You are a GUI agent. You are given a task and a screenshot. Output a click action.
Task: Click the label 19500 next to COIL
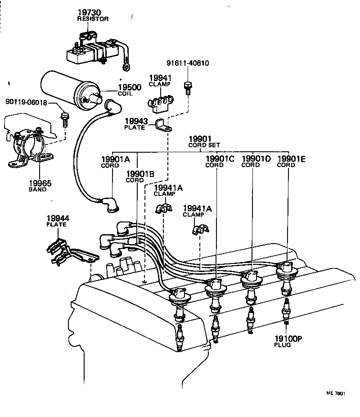pos(130,87)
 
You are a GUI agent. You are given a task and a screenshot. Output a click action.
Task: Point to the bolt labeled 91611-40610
pos(188,87)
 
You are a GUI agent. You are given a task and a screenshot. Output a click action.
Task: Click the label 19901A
pos(115,159)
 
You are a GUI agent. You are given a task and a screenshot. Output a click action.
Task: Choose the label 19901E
pos(292,159)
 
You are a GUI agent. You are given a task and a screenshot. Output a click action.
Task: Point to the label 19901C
pos(220,159)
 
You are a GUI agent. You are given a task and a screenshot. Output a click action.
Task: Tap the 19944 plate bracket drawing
pos(70,252)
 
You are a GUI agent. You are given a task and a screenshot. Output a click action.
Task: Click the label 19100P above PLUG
pos(288,338)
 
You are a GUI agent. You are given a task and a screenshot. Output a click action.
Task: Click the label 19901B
pos(140,174)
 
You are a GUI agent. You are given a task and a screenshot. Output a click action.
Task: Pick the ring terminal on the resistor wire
pos(126,68)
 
